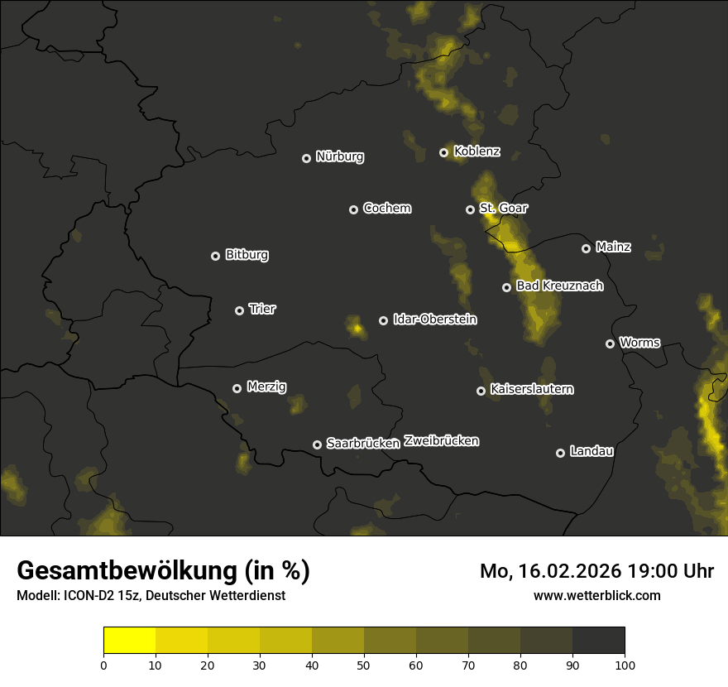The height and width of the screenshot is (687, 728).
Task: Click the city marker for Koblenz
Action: pos(444,152)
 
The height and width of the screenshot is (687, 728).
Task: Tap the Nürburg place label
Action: pos(339,156)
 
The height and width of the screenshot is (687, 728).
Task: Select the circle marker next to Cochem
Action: pos(353,209)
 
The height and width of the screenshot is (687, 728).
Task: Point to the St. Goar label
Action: pos(503,209)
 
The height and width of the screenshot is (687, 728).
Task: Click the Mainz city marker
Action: pos(587,248)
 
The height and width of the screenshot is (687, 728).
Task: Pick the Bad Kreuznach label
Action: pos(559,286)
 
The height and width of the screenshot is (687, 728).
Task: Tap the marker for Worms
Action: pos(611,343)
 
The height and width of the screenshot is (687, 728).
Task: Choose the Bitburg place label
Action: pos(247,255)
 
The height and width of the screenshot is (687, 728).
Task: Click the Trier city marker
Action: pos(240,310)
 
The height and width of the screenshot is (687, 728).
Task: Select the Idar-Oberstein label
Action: pos(434,319)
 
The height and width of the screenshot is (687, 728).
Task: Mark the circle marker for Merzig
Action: pos(237,388)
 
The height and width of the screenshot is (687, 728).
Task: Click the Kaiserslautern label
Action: pos(531,389)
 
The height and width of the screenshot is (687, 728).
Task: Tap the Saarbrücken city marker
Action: pos(317,444)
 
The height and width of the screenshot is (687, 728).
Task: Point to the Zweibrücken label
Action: pos(441,441)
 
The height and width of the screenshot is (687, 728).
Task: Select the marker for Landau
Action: pos(561,453)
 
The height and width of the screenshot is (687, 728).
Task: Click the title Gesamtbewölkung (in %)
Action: pos(163,571)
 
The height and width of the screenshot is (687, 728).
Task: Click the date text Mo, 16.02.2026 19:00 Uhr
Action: pos(596,571)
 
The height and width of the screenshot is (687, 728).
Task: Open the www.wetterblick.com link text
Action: pos(596,595)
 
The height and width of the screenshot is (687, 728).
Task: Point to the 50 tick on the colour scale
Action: pos(364,664)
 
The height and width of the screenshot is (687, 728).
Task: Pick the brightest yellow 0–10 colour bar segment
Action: pos(130,640)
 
